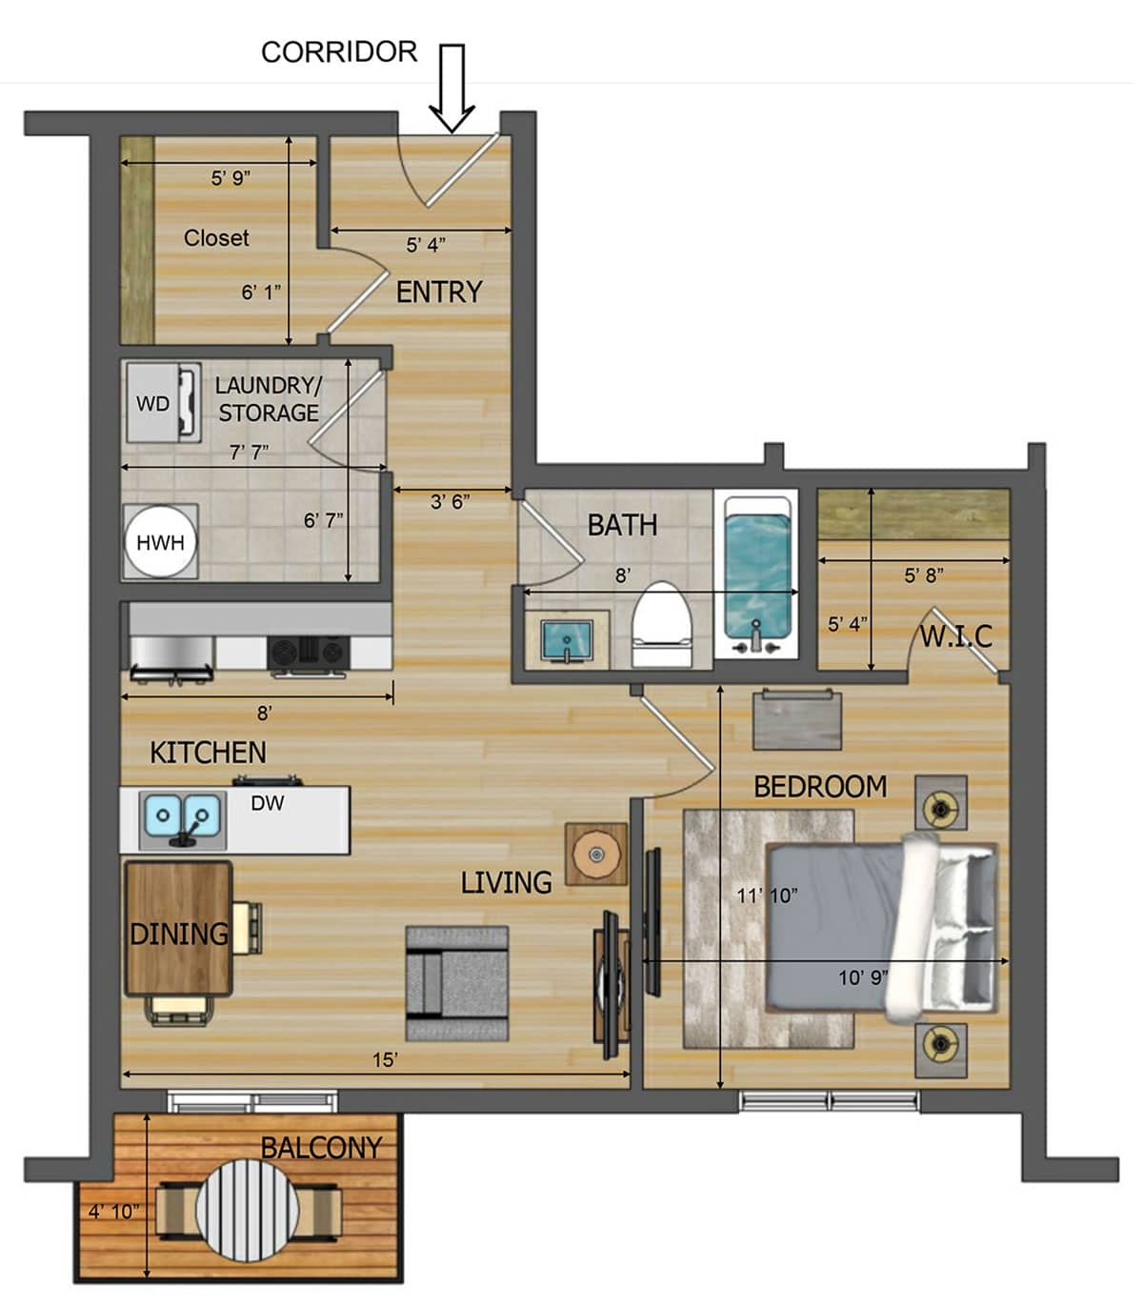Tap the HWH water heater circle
pos(160,542)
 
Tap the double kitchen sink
pos(182,817)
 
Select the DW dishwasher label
pos(268,803)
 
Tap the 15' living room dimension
pos(385,1059)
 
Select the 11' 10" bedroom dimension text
pos(767,895)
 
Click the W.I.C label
pos(955,635)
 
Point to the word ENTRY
pos(439,292)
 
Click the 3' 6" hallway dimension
pos(450,501)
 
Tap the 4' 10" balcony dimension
pos(113,1211)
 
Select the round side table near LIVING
pos(596,854)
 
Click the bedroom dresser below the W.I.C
pos(797,721)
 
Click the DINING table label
pos(179,934)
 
